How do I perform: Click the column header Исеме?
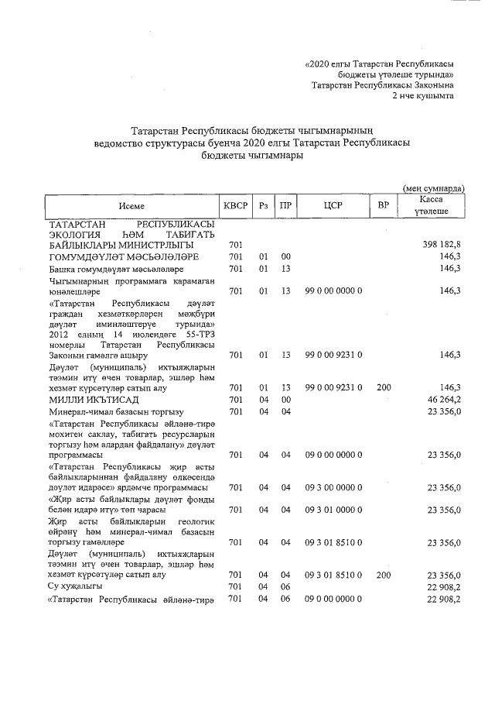pos(131,205)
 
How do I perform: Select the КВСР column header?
pos(235,205)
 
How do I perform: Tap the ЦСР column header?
pos(332,205)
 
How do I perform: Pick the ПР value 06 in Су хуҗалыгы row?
pos(286,587)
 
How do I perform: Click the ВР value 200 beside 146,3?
pos(383,386)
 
